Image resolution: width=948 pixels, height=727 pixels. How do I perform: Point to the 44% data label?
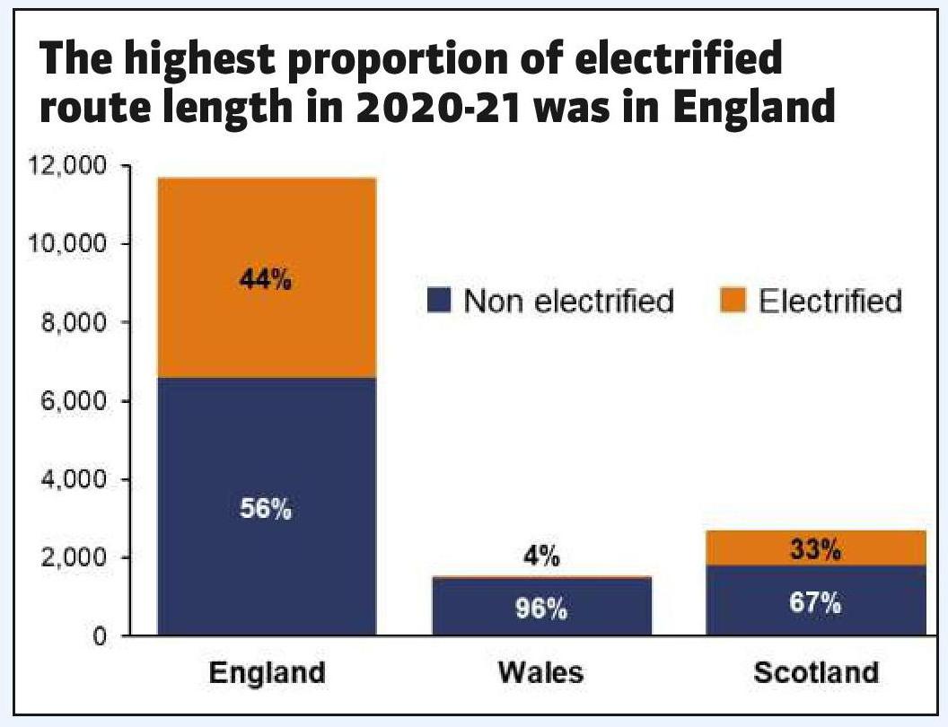click(x=266, y=281)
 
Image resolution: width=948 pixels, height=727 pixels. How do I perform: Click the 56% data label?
click(x=266, y=510)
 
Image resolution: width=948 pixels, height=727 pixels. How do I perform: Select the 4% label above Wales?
click(x=542, y=557)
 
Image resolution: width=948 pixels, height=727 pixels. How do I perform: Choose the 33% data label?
click(x=817, y=549)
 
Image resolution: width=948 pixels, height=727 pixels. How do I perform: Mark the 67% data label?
click(x=817, y=602)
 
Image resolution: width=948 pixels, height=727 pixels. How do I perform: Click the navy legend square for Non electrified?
click(x=439, y=301)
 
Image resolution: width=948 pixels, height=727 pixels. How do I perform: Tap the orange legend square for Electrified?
click(x=733, y=301)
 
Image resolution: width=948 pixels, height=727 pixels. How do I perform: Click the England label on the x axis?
click(x=266, y=672)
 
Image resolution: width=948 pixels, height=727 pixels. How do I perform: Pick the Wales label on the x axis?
click(x=542, y=672)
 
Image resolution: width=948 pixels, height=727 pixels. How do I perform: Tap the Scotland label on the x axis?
click(x=816, y=672)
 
